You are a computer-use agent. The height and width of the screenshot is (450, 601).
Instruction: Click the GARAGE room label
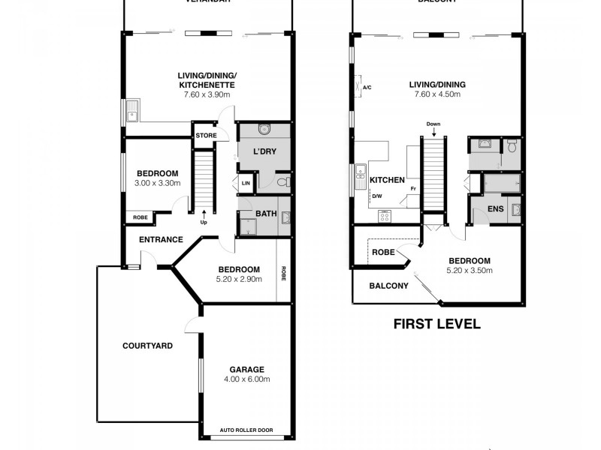(247, 369)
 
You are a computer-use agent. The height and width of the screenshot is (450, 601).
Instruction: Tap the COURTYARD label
(147, 346)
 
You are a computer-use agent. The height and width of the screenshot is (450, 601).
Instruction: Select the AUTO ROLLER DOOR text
(246, 430)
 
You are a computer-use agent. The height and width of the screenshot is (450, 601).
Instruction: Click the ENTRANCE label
(161, 239)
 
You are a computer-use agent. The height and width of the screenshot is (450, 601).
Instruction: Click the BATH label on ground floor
(266, 214)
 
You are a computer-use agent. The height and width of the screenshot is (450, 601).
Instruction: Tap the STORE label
(206, 136)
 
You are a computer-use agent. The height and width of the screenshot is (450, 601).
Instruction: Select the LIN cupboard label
(246, 183)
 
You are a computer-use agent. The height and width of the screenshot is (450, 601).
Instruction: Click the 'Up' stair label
(204, 223)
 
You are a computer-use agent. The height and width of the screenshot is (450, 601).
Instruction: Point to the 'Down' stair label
(433, 124)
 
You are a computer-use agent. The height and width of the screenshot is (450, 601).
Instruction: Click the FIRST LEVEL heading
(436, 325)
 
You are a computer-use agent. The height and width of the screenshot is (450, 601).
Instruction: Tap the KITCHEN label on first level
(388, 180)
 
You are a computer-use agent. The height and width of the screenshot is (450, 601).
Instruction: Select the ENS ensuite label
(495, 208)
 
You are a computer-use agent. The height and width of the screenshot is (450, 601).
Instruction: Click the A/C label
(367, 88)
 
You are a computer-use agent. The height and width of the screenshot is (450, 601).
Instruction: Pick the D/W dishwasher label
(377, 196)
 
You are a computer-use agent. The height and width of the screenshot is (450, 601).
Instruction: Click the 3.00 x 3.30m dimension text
(157, 183)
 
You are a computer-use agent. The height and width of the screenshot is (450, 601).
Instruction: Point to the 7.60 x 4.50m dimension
(436, 94)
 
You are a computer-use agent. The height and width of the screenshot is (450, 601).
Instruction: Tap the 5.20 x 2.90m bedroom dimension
(239, 279)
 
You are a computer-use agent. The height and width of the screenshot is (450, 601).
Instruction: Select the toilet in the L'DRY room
(282, 182)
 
